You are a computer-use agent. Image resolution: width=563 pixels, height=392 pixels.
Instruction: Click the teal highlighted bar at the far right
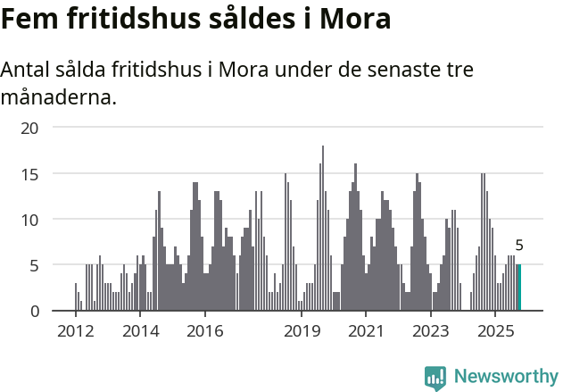pyautogui.click(x=518, y=288)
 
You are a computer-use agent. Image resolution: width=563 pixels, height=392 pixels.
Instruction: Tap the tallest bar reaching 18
pyautogui.click(x=322, y=229)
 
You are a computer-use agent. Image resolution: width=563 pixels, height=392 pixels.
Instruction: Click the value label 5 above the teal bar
pyautogui.click(x=519, y=246)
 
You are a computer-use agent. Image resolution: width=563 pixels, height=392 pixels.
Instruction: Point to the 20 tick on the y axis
pyautogui.click(x=30, y=128)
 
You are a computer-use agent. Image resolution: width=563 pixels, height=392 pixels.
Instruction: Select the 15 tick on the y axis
pyautogui.click(x=30, y=174)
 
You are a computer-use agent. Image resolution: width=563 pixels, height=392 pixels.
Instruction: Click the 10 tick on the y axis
pyautogui.click(x=30, y=220)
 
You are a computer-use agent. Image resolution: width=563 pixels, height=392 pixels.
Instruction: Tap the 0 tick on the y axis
pyautogui.click(x=35, y=311)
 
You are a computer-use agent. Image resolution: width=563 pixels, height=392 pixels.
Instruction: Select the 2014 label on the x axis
pyautogui.click(x=139, y=331)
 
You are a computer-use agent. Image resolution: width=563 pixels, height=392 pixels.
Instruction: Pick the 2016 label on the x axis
pyautogui.click(x=204, y=331)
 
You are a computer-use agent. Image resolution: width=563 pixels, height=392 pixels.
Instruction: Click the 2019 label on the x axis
pyautogui.click(x=302, y=331)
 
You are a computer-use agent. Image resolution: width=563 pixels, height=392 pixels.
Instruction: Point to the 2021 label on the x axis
pyautogui.click(x=366, y=331)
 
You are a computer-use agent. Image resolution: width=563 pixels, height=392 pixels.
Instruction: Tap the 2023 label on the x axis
pyautogui.click(x=431, y=331)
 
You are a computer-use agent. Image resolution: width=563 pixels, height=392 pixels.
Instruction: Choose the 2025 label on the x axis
pyautogui.click(x=496, y=331)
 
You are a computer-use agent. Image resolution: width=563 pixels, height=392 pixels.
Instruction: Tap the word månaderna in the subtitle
pyautogui.click(x=58, y=96)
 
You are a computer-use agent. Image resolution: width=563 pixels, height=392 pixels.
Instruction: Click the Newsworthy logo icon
pyautogui.click(x=435, y=377)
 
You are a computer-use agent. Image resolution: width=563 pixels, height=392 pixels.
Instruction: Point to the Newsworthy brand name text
pyautogui.click(x=506, y=377)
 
